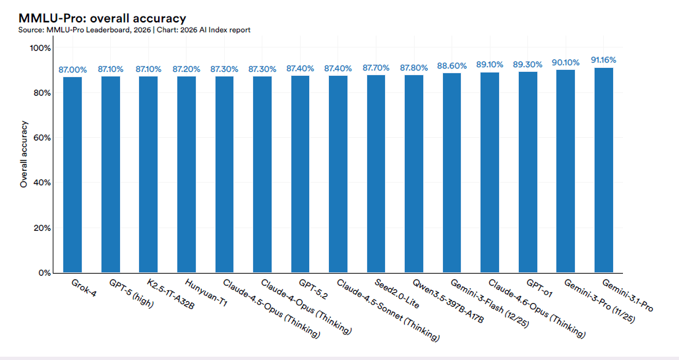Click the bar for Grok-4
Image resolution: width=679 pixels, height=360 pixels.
tap(73, 175)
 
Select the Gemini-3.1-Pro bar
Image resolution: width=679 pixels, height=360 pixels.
tap(604, 170)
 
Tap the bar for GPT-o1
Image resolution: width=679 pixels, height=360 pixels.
tap(528, 172)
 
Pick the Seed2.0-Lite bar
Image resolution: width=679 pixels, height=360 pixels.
tap(376, 174)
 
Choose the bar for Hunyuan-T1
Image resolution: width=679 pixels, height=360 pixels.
tap(187, 175)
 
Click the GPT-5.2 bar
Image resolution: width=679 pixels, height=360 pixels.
tap(300, 174)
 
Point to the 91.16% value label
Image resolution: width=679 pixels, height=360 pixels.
tap(604, 60)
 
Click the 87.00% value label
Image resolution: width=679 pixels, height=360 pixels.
tap(73, 69)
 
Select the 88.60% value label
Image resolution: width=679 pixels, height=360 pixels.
tap(452, 66)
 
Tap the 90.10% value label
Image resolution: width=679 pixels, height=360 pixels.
tap(566, 63)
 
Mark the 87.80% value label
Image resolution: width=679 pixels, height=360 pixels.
tap(414, 68)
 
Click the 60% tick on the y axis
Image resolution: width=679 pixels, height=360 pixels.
tap(41, 138)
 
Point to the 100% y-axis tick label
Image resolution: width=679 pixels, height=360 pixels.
tap(39, 48)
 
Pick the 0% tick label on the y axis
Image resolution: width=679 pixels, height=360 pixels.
tap(44, 273)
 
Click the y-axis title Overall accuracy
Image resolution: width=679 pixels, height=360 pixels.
tap(24, 154)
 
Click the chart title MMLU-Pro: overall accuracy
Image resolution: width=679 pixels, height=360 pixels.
tap(102, 18)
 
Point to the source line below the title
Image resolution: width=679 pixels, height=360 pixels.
tap(134, 30)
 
